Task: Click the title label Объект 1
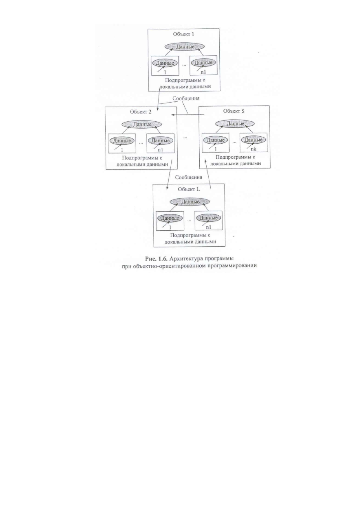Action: point(183,34)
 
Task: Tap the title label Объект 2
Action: point(141,112)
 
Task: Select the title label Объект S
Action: point(234,111)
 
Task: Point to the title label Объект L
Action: point(189,189)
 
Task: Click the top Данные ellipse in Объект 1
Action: point(185,47)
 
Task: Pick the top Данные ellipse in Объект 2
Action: point(141,125)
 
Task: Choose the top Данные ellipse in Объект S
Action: point(235,124)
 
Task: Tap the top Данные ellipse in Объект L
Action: point(190,202)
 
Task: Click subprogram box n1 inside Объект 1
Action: point(203,66)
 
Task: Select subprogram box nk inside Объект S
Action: point(254,142)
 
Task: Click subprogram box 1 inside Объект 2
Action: point(122,143)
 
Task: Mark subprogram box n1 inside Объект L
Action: point(208,221)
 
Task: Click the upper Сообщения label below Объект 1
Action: point(186,98)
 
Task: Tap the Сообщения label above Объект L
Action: point(189,177)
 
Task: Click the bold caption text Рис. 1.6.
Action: point(157,259)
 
